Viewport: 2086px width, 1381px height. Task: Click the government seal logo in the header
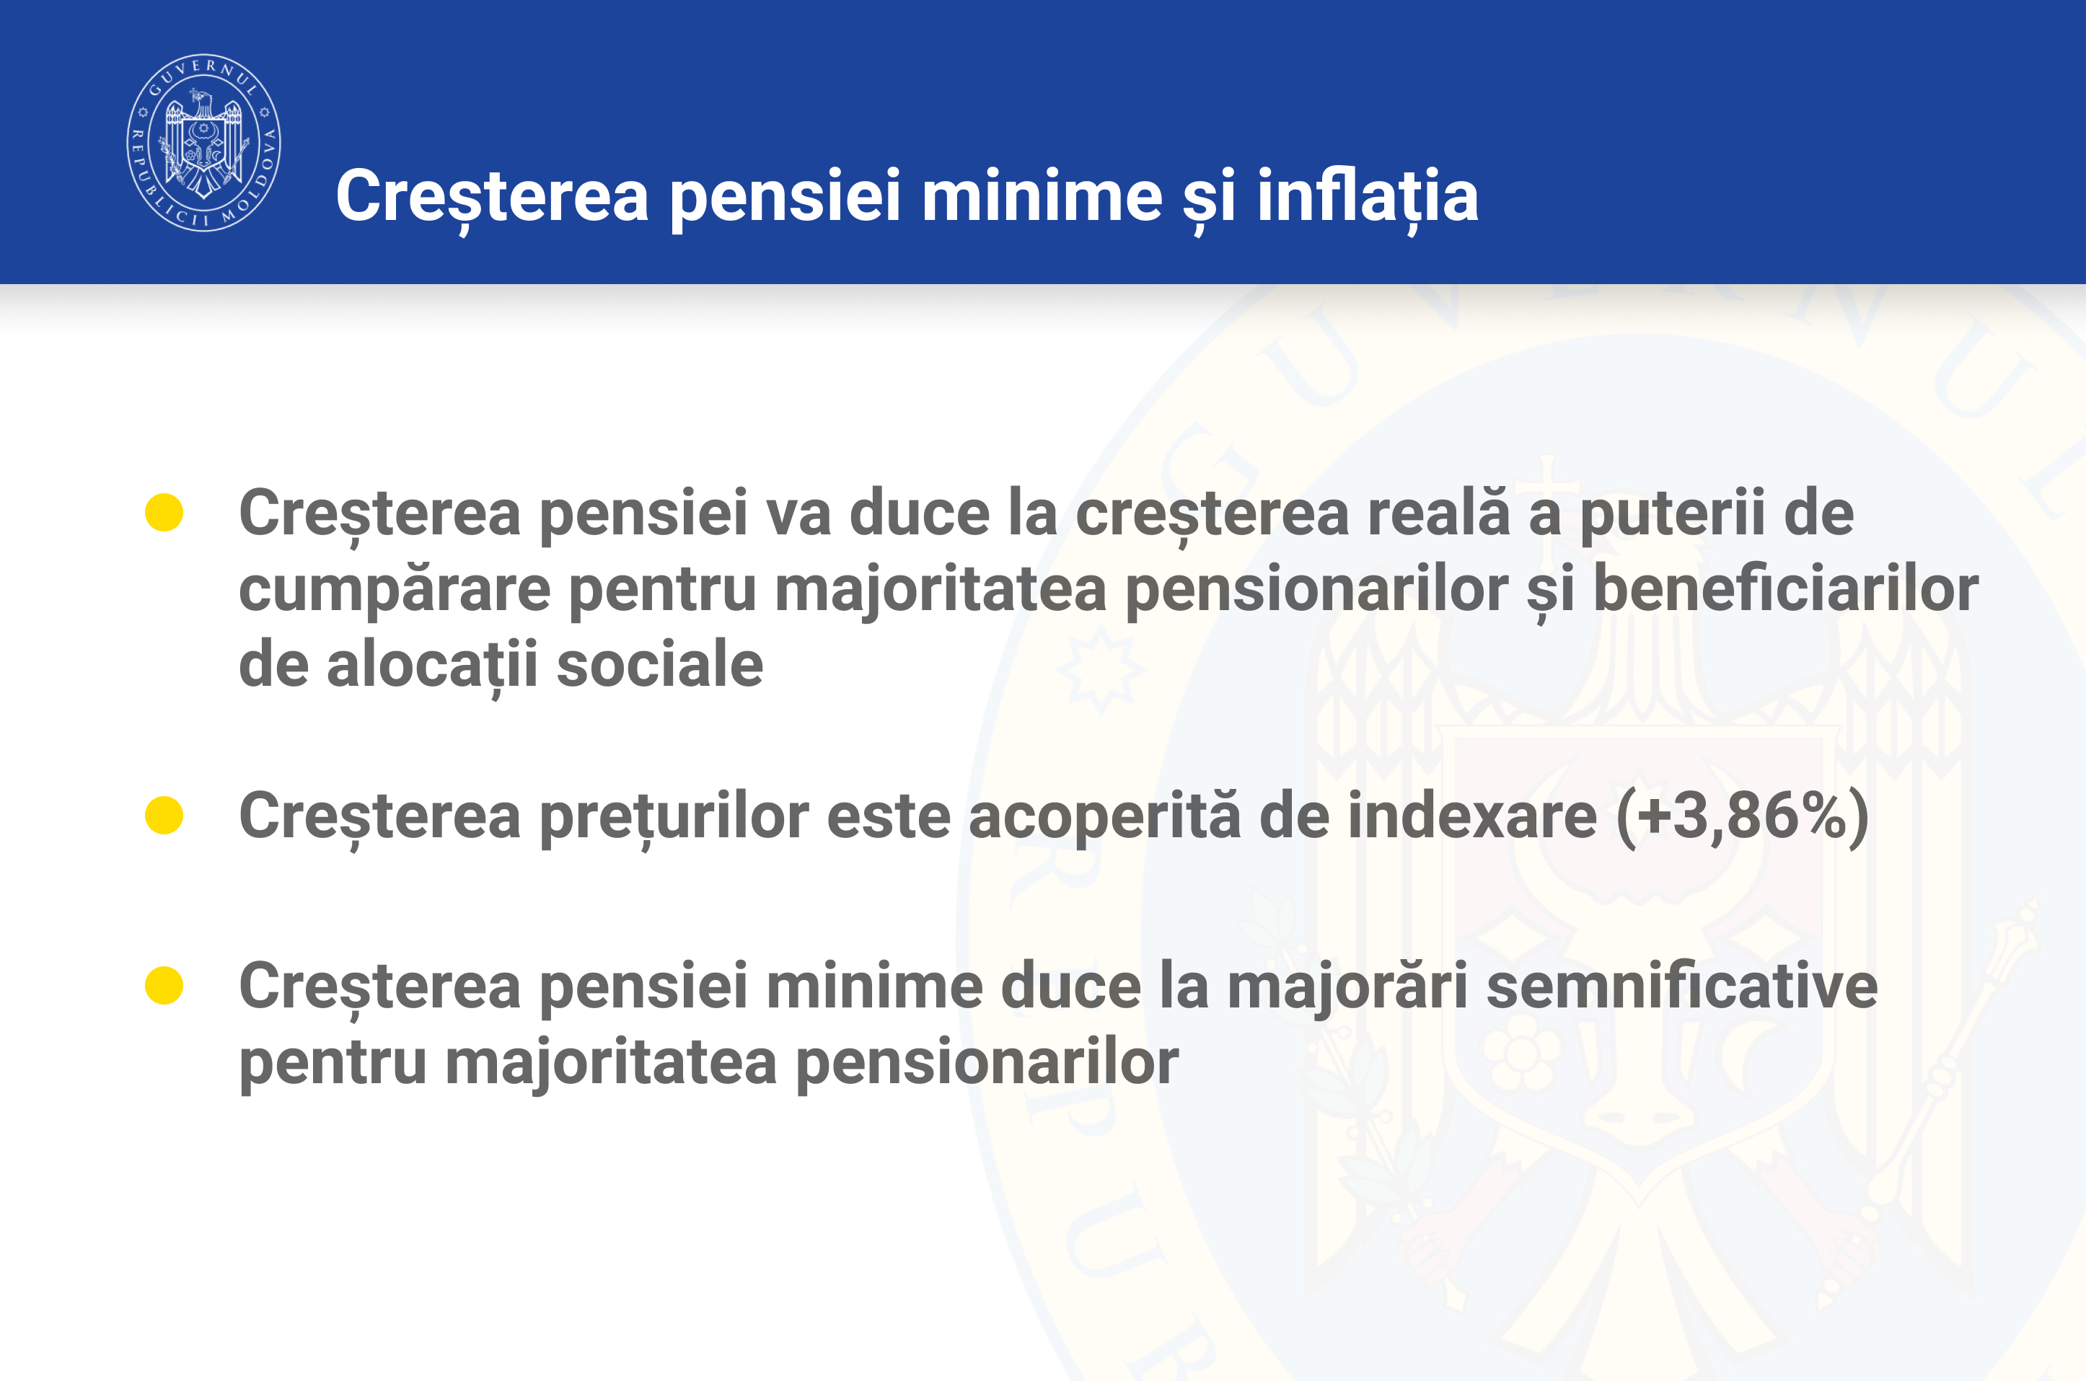[203, 142]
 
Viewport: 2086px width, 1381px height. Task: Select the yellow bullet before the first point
[164, 513]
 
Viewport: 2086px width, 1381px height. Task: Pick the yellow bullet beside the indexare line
[164, 815]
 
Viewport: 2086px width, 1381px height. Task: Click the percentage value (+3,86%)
[1743, 816]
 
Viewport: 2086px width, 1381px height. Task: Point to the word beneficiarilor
[1787, 588]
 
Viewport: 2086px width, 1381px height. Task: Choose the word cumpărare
[395, 590]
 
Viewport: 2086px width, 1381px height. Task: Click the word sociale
[660, 664]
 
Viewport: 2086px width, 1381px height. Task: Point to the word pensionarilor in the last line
[987, 1062]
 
